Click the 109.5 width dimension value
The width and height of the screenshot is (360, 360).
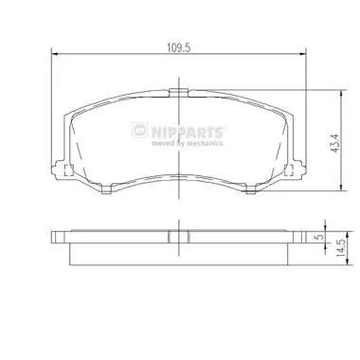[179, 48]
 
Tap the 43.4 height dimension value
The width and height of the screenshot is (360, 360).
[335, 144]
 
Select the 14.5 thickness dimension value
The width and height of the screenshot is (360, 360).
[341, 247]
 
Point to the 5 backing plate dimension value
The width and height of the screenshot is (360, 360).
[319, 237]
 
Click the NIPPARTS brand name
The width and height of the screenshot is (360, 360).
[188, 132]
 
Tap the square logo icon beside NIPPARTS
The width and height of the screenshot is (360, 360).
[139, 130]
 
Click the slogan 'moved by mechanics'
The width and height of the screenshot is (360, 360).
[188, 143]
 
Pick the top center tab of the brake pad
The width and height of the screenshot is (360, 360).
[179, 92]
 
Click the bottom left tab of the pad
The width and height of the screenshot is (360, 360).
[106, 189]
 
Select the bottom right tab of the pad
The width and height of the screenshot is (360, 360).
[251, 189]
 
